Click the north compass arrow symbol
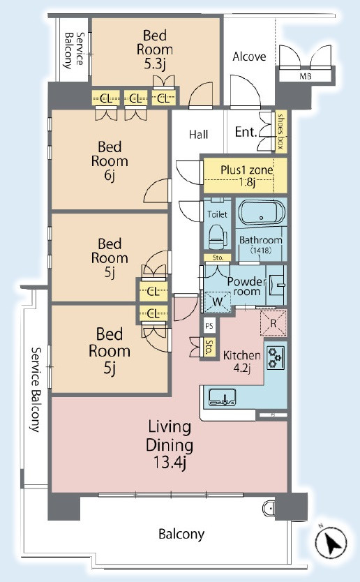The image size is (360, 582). click(331, 542)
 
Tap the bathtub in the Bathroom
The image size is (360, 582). click(262, 214)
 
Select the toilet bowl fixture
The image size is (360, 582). click(218, 237)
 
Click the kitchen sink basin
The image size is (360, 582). click(222, 397)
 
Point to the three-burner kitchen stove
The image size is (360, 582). click(276, 357)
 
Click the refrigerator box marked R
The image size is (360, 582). click(273, 323)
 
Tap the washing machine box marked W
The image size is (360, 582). click(217, 301)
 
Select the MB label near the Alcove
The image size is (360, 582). click(305, 77)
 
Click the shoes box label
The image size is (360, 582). click(281, 130)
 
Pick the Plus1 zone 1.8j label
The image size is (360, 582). click(246, 176)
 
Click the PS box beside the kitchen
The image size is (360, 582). click(209, 326)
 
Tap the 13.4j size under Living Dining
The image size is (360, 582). click(170, 463)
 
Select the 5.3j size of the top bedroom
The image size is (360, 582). click(154, 64)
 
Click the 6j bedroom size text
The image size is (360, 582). click(110, 175)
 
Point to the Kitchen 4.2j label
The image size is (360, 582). click(241, 361)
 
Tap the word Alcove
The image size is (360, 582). click(249, 57)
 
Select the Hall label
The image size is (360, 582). click(198, 134)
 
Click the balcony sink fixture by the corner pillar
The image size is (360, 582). click(268, 507)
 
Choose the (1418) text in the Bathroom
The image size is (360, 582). click(260, 250)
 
